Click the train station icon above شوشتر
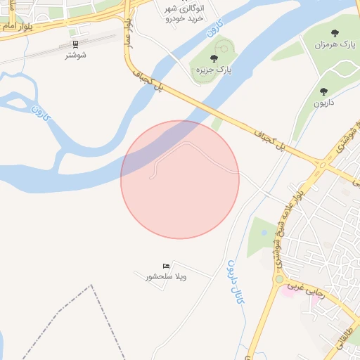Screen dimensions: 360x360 (x=75, y=43)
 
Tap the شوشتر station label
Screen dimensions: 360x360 (x=75, y=54)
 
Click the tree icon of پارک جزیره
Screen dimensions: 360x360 (x=214, y=58)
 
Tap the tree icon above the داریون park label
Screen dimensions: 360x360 (x=323, y=91)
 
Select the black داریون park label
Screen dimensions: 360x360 (x=323, y=103)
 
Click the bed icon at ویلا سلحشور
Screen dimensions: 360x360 (x=166, y=265)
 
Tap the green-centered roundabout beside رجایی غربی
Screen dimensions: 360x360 (x=278, y=279)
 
